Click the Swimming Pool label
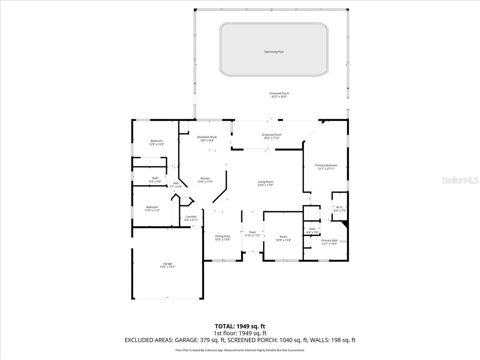(274, 52)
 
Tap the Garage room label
(167, 264)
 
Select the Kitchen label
(205, 178)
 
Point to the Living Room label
(265, 182)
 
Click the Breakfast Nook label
(207, 137)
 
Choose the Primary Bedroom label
(326, 165)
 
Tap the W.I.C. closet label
(340, 207)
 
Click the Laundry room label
(191, 216)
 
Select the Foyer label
(252, 232)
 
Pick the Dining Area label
(222, 236)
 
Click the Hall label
(176, 183)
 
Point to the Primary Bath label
(330, 240)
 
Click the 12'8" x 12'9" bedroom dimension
(156, 144)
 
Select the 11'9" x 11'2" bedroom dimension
(152, 210)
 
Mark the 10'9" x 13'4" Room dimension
(283, 240)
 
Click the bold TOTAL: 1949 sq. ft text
(240, 326)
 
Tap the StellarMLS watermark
(459, 181)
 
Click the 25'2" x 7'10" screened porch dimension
(271, 138)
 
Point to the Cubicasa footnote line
(240, 350)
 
